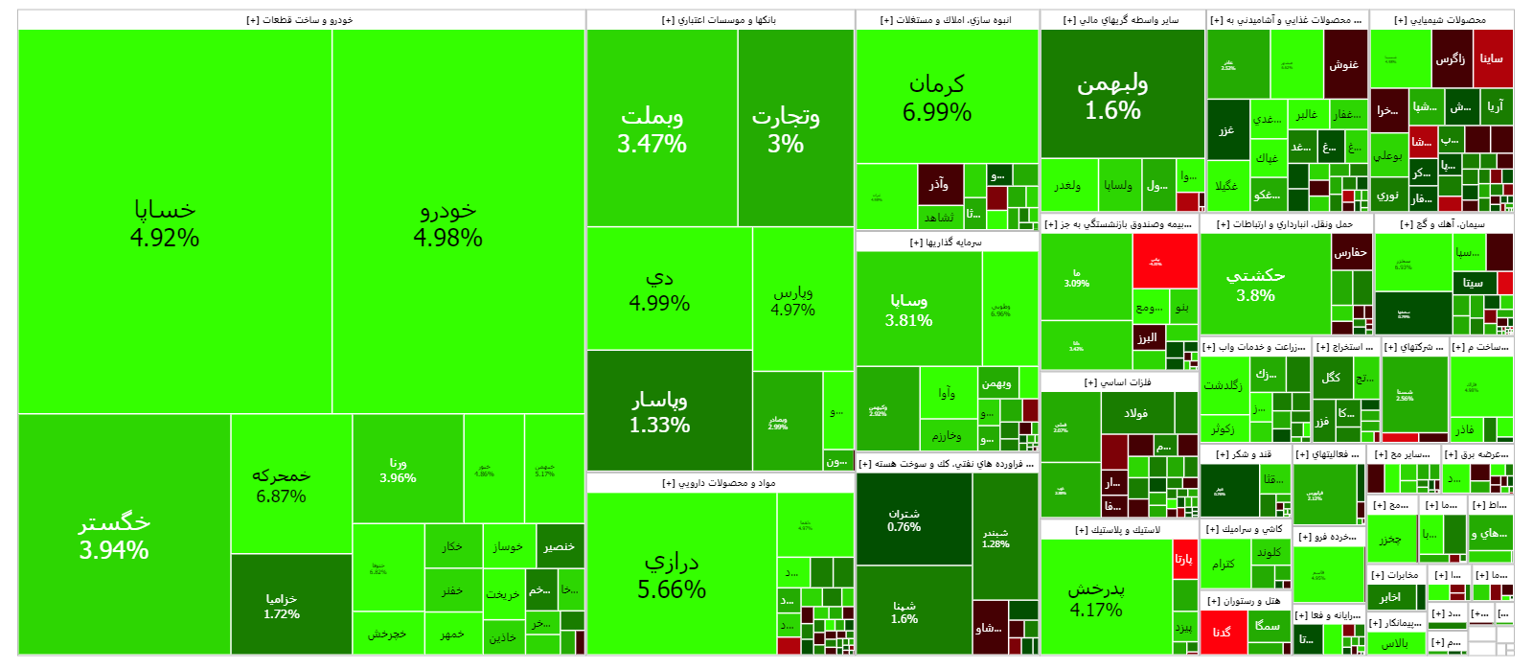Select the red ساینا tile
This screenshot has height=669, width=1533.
tap(1493, 58)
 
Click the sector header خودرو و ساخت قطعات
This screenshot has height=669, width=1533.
tap(301, 19)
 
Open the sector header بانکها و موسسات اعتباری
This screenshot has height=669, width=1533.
tap(720, 19)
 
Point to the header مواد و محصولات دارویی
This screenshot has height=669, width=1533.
tap(720, 483)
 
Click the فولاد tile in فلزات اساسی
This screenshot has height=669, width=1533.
tap(1136, 413)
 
